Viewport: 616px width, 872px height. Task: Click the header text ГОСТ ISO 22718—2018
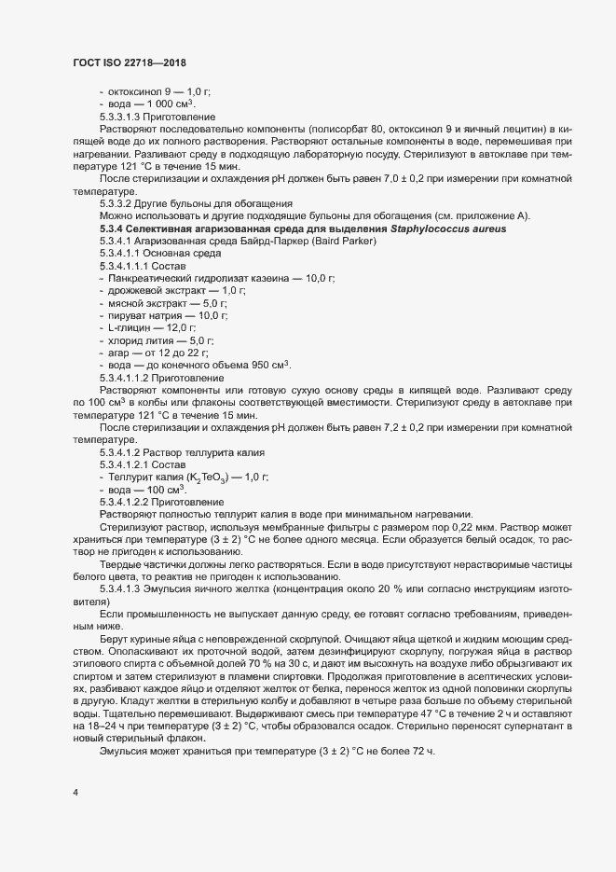[x=130, y=63]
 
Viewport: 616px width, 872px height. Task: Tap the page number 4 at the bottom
[x=75, y=793]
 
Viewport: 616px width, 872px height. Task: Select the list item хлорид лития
[x=139, y=341]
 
